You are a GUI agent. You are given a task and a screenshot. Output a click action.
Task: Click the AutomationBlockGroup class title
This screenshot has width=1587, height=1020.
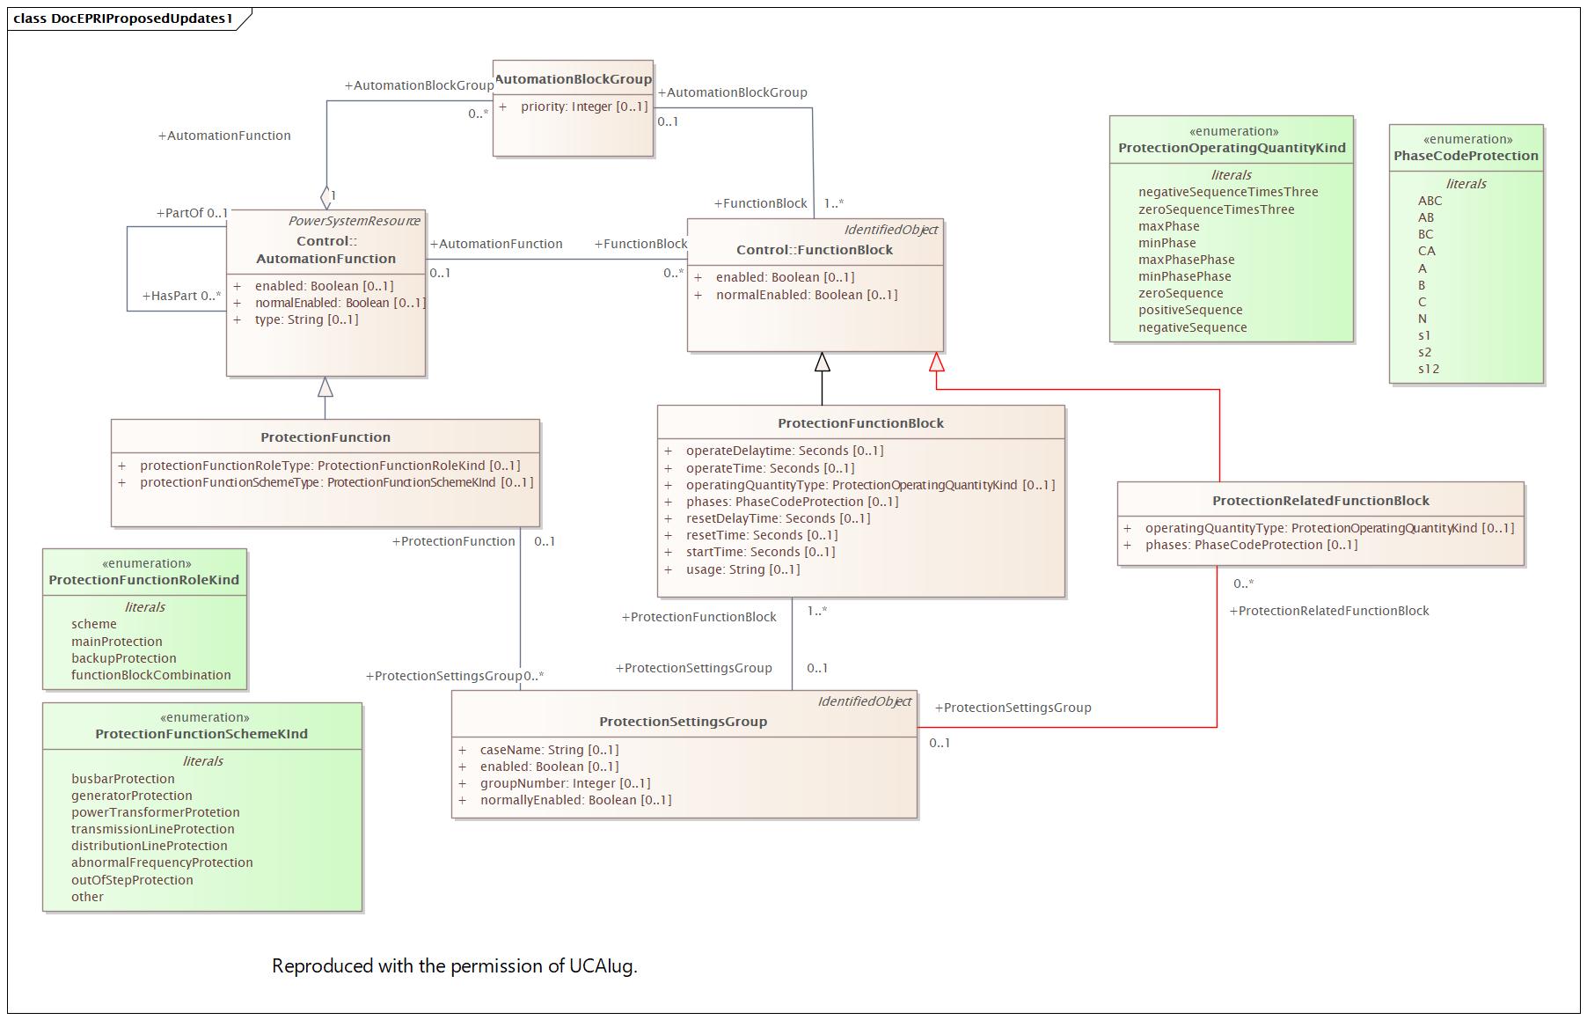pos(573,79)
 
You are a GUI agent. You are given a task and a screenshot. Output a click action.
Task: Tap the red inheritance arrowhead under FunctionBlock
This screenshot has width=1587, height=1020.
pos(937,362)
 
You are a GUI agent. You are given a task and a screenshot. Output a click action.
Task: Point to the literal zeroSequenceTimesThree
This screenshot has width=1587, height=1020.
pos(1216,209)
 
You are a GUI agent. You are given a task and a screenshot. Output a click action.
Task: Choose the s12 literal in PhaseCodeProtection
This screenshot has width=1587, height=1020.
pos(1429,369)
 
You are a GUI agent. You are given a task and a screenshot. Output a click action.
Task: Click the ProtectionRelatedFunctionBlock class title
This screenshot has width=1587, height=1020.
pos(1320,501)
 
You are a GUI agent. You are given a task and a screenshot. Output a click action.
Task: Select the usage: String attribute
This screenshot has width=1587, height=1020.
pos(742,569)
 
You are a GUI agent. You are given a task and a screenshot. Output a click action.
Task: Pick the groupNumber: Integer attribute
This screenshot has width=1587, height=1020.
pos(565,783)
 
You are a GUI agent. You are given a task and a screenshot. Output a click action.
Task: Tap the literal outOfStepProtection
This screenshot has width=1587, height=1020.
pos(132,880)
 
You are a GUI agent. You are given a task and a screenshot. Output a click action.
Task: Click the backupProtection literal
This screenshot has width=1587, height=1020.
pos(124,658)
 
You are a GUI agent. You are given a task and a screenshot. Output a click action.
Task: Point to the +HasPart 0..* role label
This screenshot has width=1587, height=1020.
pos(181,296)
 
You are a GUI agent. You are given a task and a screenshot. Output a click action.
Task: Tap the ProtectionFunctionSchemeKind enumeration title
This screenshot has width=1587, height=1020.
pos(201,734)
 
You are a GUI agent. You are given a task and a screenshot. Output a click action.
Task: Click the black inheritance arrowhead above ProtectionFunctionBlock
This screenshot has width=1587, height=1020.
pos(822,362)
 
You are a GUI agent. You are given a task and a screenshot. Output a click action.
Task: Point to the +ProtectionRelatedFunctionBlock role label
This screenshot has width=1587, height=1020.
pos(1328,611)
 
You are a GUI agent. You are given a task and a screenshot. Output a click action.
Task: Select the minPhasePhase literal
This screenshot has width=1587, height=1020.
pos(1184,276)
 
